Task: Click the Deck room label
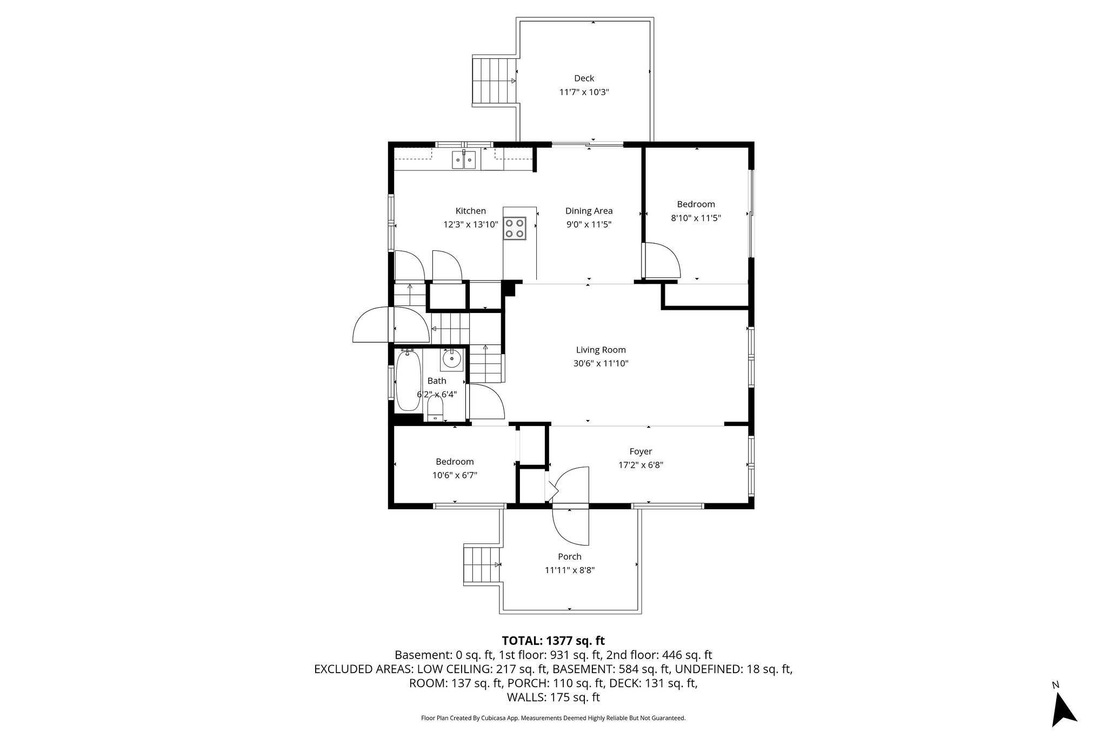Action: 584,78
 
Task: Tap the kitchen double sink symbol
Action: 464,159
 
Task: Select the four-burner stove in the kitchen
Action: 514,228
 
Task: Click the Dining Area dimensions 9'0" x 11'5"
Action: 589,224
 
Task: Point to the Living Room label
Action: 601,350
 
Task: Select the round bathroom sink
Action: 452,359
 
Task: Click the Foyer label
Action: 641,451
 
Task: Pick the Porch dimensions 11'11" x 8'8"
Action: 570,570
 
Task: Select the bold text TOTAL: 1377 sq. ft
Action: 553,641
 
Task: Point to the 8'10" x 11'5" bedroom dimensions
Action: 696,218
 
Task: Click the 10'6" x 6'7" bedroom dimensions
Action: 455,475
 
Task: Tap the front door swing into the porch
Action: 571,527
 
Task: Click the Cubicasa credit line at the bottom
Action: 553,718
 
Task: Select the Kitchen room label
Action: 470,211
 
